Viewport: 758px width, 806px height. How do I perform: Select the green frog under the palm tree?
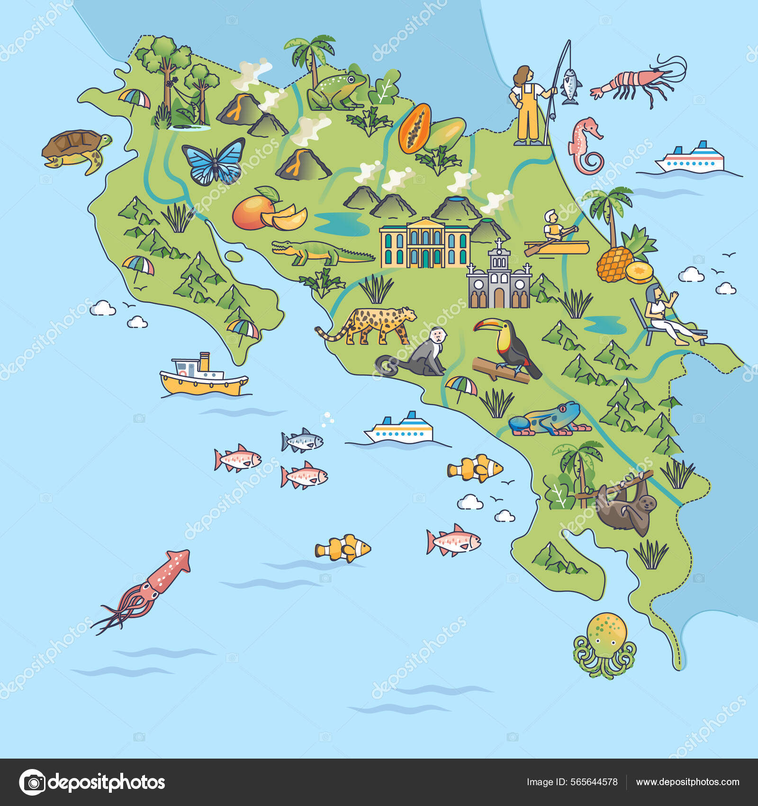point(335,91)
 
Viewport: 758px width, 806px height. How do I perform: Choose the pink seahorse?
point(586,145)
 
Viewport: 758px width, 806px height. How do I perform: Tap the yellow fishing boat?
point(204,377)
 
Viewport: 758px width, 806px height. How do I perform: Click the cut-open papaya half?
point(415,128)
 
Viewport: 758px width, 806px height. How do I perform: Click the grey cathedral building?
point(499,280)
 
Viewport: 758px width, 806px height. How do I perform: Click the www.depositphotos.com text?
point(687,782)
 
